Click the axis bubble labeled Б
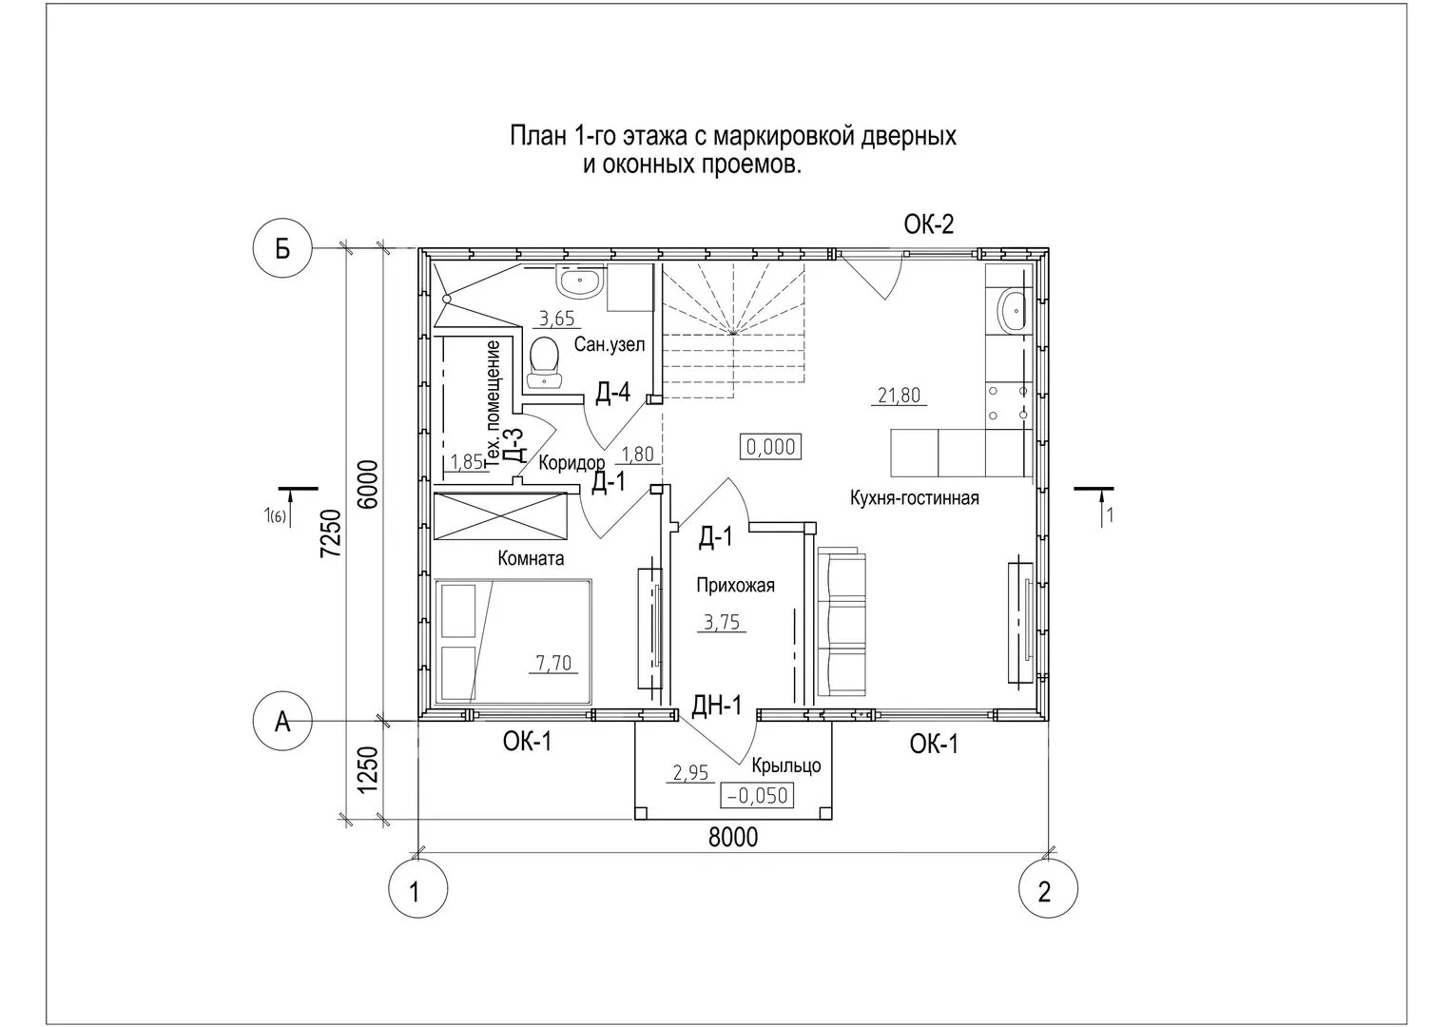(x=282, y=249)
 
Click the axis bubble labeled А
(x=282, y=721)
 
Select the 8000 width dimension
(x=732, y=837)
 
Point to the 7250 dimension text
(x=331, y=533)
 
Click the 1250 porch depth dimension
(x=368, y=770)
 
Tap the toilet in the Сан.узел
(x=544, y=361)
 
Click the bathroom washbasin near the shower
(x=580, y=281)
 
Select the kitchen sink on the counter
(x=1011, y=311)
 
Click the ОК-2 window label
(x=929, y=224)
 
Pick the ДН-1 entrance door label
(x=716, y=706)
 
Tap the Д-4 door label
(x=612, y=392)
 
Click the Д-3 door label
(x=513, y=445)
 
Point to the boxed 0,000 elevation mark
(x=771, y=447)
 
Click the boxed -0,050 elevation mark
(x=757, y=796)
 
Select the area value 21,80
(x=900, y=395)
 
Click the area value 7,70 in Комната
(x=553, y=663)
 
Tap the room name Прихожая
(x=735, y=586)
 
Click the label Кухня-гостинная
(x=914, y=498)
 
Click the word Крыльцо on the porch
(x=786, y=765)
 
